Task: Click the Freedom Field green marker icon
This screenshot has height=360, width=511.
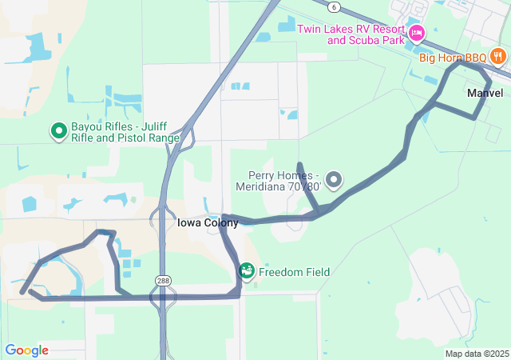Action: tap(248, 271)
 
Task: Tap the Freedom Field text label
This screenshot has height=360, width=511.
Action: tap(294, 273)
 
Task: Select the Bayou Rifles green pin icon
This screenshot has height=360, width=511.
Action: tap(58, 130)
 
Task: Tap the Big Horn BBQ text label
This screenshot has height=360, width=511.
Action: tap(453, 58)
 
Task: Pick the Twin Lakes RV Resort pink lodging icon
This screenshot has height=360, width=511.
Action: tap(415, 34)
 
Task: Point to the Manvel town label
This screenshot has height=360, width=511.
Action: tap(485, 94)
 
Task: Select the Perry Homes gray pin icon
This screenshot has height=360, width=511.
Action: tap(334, 180)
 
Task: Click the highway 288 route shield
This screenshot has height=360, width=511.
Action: tap(163, 281)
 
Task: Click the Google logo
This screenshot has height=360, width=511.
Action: tap(26, 350)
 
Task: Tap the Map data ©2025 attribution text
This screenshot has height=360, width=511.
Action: tap(477, 354)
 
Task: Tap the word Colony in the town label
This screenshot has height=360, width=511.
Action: tap(220, 223)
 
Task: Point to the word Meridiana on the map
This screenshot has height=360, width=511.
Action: tap(262, 187)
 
